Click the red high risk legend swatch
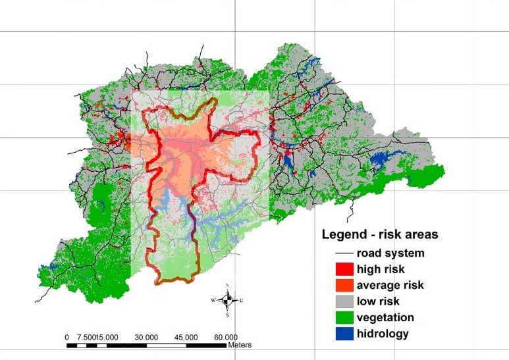click(x=342, y=269)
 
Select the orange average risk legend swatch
click(x=342, y=286)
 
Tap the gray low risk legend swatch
click(x=342, y=301)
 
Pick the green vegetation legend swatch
click(x=342, y=318)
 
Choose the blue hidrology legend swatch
click(x=342, y=334)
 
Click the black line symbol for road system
click(x=342, y=253)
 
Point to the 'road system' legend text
click(x=390, y=253)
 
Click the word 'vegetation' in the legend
click(x=386, y=317)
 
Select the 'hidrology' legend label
click(x=383, y=334)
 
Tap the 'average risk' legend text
click(x=390, y=285)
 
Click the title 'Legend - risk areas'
click(x=380, y=234)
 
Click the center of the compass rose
click(x=227, y=300)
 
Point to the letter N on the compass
click(x=227, y=286)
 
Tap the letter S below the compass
click(x=227, y=315)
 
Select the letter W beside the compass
click(x=213, y=300)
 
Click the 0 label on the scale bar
click(x=67, y=337)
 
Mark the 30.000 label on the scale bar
click(x=146, y=337)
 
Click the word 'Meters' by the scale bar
click(x=240, y=345)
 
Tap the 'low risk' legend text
click(x=378, y=301)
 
